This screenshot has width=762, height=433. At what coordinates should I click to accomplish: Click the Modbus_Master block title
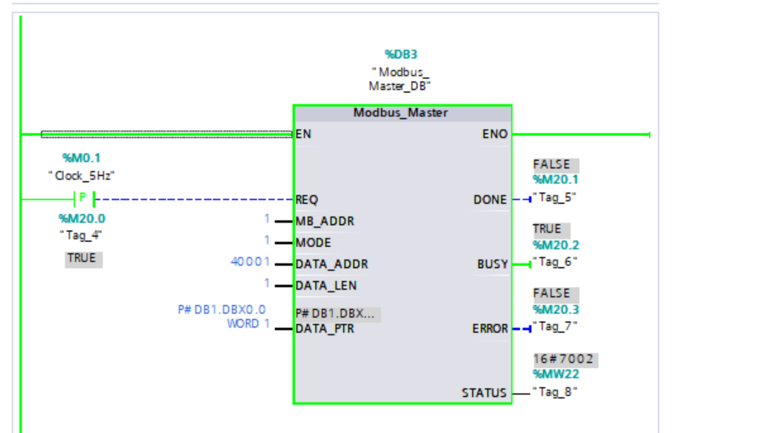pyautogui.click(x=400, y=113)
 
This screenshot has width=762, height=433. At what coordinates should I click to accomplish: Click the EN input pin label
pyautogui.click(x=303, y=134)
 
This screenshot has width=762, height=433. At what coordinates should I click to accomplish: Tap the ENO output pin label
pyautogui.click(x=495, y=134)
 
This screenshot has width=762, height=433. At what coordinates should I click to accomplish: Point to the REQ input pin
pyautogui.click(x=307, y=200)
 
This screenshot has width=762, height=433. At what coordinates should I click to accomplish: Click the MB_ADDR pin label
pyautogui.click(x=325, y=222)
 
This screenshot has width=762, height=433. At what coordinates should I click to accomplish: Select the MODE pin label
pyautogui.click(x=313, y=243)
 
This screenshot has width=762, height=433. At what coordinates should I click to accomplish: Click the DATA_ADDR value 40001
pyautogui.click(x=250, y=262)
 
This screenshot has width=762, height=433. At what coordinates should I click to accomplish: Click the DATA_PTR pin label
pyautogui.click(x=325, y=329)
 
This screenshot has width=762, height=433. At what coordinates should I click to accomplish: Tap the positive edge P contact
pyautogui.click(x=83, y=200)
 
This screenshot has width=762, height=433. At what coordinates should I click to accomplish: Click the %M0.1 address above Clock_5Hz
pyautogui.click(x=81, y=158)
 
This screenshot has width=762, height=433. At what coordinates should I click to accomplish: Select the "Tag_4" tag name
pyautogui.click(x=81, y=235)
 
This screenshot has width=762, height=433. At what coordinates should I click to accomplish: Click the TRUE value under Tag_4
pyautogui.click(x=83, y=259)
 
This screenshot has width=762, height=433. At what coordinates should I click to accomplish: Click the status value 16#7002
pyautogui.click(x=565, y=360)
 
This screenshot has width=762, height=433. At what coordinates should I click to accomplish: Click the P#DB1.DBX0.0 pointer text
pyautogui.click(x=222, y=310)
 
